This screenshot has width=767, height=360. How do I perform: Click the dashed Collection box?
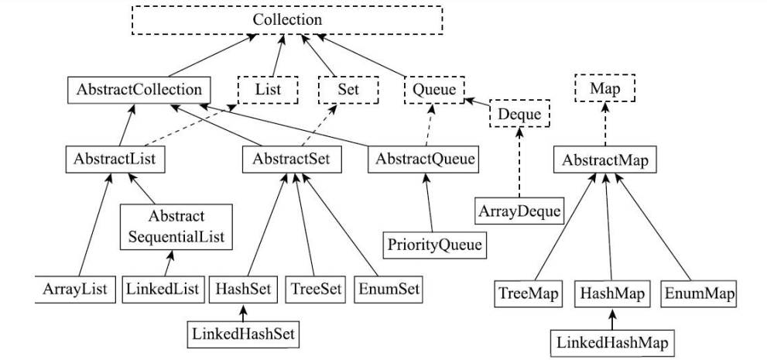287,19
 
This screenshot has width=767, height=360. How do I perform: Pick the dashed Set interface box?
346,89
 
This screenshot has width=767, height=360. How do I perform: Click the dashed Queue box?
432,90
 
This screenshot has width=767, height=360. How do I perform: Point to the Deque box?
517,115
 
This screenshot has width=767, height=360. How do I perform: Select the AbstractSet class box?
292,160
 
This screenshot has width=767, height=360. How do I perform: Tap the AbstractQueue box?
424,160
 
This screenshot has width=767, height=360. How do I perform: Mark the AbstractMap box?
601,160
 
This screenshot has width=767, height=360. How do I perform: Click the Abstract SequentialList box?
176,225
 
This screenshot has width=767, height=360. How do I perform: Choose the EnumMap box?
699,295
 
